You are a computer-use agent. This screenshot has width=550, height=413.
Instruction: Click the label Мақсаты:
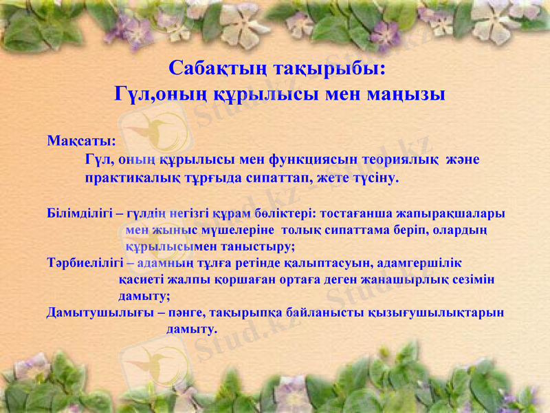point(81,141)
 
